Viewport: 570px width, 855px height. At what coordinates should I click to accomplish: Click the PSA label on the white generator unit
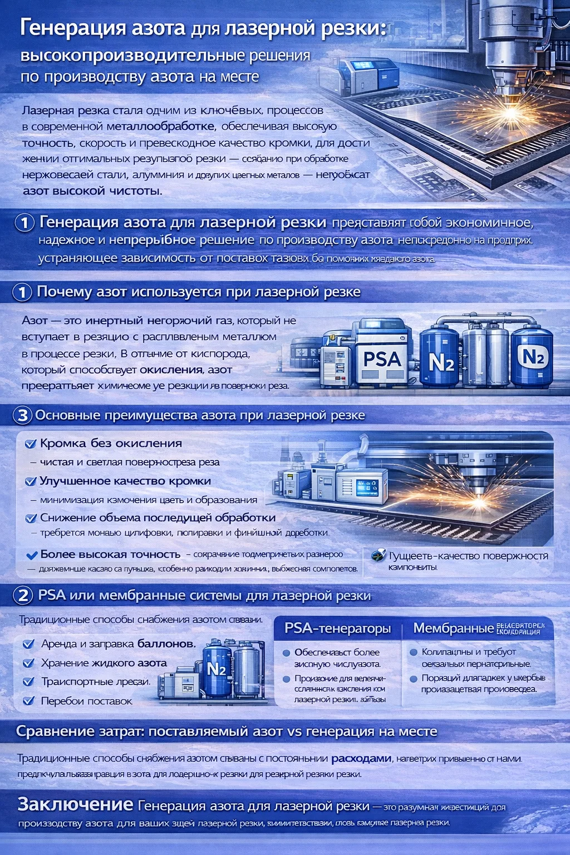click(382, 359)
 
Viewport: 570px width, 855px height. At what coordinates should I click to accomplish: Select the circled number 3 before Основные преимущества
click(22, 415)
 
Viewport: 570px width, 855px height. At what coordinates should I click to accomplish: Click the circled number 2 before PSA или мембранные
click(23, 596)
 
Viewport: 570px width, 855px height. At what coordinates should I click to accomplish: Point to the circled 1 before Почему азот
click(22, 292)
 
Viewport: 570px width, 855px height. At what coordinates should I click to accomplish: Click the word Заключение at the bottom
click(75, 804)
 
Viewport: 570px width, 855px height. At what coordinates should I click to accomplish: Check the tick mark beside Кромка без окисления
click(31, 444)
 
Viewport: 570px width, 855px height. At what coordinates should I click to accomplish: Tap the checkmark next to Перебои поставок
click(28, 701)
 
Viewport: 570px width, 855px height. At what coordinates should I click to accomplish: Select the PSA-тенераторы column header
click(337, 628)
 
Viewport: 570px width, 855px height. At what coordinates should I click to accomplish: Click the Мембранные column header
click(453, 628)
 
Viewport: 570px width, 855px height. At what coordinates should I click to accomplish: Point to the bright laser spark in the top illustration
click(510, 112)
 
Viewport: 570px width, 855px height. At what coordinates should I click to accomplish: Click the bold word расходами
click(361, 758)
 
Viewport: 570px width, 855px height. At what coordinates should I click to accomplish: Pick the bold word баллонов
click(166, 644)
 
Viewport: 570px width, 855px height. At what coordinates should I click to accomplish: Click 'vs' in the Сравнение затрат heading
click(294, 731)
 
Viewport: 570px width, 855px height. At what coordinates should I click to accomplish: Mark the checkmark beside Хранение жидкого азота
click(28, 663)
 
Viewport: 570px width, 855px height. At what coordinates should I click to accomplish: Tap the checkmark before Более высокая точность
click(32, 554)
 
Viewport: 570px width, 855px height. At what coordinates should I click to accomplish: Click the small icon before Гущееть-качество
click(378, 555)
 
